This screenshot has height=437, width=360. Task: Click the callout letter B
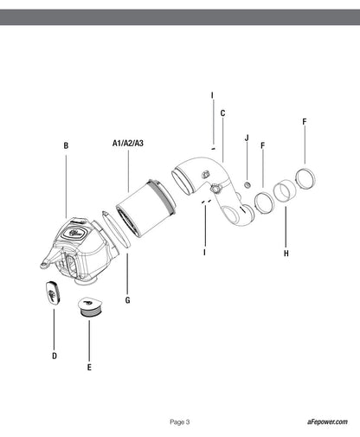click(66, 145)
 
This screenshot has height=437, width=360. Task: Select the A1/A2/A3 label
click(128, 143)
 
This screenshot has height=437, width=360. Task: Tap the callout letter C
click(222, 113)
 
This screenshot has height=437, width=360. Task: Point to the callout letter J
click(247, 138)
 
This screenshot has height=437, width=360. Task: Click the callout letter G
click(128, 300)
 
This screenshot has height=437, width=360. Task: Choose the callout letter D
click(55, 356)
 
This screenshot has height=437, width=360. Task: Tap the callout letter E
click(89, 367)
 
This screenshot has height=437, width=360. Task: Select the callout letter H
click(286, 254)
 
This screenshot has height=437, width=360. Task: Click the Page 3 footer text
click(180, 422)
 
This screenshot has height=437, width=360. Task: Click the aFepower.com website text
click(327, 421)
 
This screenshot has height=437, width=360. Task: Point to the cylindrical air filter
click(146, 208)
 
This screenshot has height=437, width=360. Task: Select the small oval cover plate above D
click(53, 292)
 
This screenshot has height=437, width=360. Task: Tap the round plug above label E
click(90, 307)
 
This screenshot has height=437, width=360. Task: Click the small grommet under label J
click(247, 184)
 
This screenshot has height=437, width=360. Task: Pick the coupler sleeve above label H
click(284, 190)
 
